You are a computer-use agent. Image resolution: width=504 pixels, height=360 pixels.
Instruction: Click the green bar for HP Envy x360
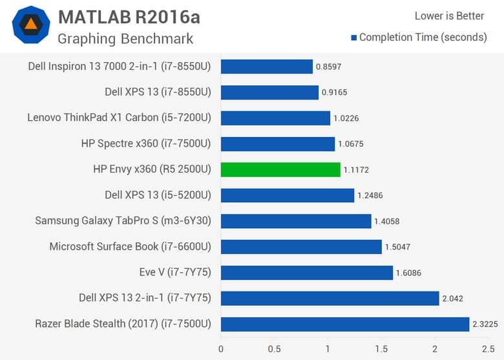[280, 169]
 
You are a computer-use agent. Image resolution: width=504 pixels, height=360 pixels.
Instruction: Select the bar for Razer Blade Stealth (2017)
[345, 324]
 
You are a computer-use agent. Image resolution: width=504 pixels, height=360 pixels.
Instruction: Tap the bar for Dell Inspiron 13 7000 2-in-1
[267, 67]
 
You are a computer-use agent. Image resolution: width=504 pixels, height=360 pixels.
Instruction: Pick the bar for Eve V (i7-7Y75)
[307, 273]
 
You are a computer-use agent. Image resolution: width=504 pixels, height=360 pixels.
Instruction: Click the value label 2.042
[454, 299]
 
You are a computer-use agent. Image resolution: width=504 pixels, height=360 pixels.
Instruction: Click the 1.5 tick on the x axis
[381, 349]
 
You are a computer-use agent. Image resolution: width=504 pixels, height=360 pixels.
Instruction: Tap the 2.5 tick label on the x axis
[488, 349]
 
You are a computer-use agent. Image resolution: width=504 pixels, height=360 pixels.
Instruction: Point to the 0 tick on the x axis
[221, 349]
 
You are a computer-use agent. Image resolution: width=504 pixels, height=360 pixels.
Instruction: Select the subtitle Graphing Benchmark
[125, 39]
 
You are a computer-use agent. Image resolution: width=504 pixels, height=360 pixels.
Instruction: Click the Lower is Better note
[449, 16]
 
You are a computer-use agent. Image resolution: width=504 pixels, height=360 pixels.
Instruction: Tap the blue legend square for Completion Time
[353, 37]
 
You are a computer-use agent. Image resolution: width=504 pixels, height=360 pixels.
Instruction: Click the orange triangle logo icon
[31, 25]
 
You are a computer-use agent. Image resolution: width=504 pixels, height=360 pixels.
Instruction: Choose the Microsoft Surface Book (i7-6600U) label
[131, 247]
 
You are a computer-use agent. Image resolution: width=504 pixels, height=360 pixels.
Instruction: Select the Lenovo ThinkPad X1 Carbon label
[120, 118]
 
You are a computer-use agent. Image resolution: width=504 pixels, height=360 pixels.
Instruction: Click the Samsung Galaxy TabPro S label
[123, 221]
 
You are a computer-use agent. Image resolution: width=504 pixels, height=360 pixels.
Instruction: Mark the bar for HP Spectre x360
[278, 143]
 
